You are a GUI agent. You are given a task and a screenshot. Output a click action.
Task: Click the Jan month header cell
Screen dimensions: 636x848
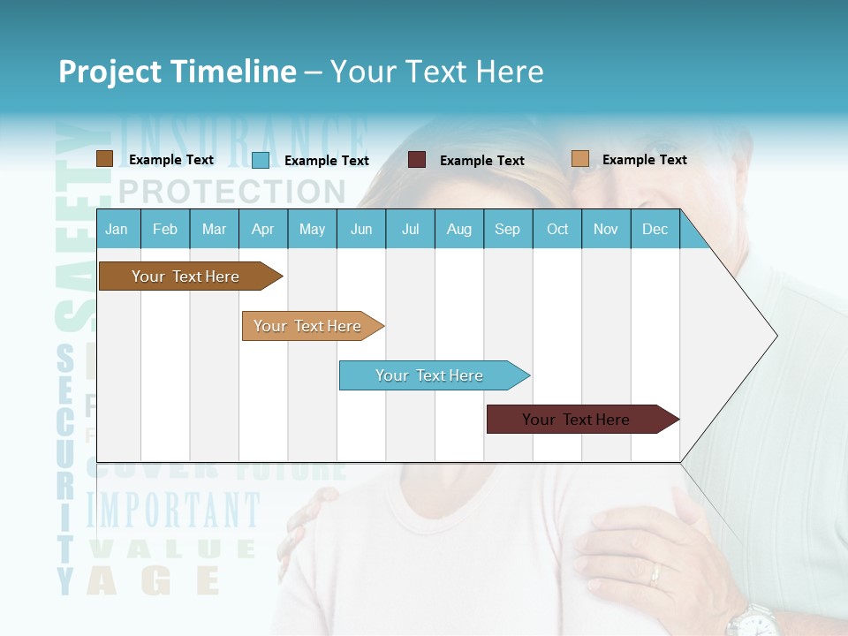click(x=117, y=230)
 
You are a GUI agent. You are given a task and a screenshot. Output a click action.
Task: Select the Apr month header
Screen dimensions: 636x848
click(x=263, y=230)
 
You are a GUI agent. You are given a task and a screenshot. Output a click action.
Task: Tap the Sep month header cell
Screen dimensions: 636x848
click(x=507, y=230)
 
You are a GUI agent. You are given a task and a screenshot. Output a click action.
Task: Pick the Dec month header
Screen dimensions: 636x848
click(x=655, y=230)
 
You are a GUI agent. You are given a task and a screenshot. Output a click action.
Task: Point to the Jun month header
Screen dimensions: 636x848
click(x=361, y=230)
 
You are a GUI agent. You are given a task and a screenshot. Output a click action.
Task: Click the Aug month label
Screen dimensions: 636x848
click(x=458, y=230)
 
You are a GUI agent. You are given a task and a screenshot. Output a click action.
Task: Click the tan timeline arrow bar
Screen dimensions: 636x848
click(x=309, y=326)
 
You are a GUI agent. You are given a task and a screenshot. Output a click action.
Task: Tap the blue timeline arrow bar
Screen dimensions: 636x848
click(x=431, y=375)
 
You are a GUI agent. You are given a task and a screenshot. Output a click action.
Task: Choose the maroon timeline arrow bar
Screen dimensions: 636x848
click(x=579, y=420)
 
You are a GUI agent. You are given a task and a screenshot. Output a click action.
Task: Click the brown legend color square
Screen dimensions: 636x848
click(x=104, y=159)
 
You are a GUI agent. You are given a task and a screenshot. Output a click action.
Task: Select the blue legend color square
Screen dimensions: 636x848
click(x=260, y=160)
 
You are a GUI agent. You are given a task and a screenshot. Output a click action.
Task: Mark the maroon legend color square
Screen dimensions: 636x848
click(x=417, y=160)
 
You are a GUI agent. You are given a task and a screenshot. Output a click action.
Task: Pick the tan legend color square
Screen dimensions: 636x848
click(x=579, y=159)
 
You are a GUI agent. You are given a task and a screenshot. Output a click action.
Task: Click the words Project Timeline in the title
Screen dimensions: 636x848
click(x=177, y=72)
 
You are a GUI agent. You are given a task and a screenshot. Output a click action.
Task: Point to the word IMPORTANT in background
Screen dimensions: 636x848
click(x=173, y=511)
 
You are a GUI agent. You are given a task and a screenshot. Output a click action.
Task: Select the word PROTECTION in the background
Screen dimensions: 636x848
click(x=231, y=191)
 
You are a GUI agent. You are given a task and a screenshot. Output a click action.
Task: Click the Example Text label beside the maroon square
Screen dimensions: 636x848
click(x=481, y=161)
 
